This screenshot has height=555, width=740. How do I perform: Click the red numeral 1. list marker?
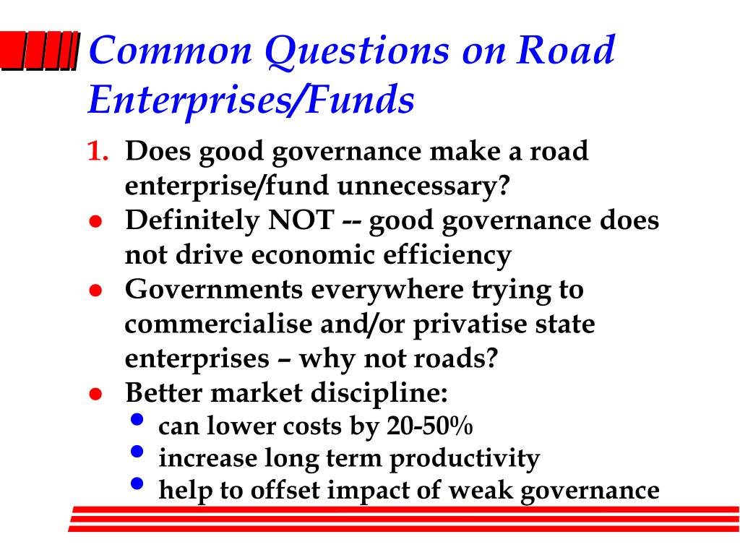(x=98, y=152)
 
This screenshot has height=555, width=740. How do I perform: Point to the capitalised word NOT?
(x=301, y=220)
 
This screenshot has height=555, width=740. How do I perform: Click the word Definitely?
(x=192, y=222)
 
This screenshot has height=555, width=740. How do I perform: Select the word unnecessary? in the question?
(x=423, y=186)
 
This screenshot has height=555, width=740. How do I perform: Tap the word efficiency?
(x=447, y=256)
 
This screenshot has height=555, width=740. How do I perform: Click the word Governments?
(x=214, y=289)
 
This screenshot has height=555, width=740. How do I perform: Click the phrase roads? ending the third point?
(x=455, y=358)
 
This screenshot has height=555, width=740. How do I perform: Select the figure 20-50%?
(x=429, y=426)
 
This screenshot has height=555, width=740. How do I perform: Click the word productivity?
(x=465, y=459)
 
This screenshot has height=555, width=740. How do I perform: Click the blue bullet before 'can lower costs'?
(x=137, y=420)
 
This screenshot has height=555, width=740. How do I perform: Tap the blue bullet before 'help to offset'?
(x=137, y=483)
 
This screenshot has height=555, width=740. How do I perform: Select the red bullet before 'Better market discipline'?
(x=96, y=394)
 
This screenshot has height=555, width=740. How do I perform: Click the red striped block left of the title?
(x=40, y=51)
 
